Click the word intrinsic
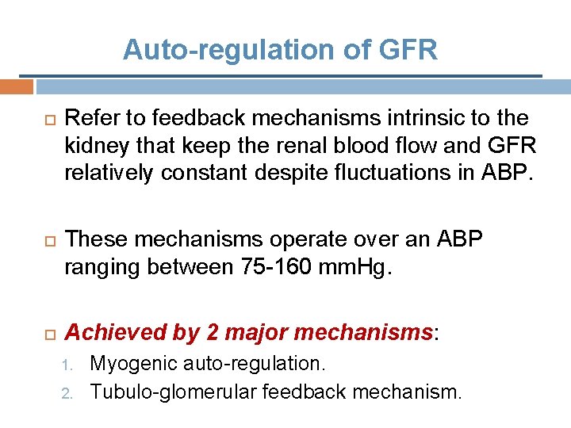pos(387,119)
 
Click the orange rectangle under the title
pos(17,86)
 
